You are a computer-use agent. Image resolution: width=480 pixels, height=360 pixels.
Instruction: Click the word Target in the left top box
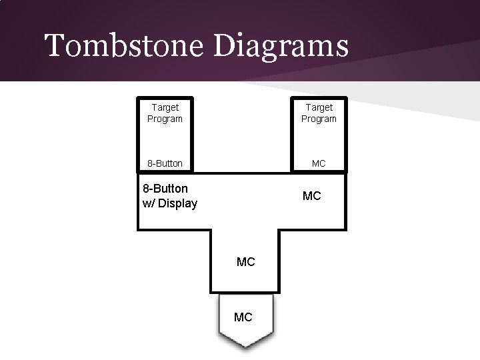[165, 107]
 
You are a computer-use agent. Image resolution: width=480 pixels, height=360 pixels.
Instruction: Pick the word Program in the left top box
[165, 119]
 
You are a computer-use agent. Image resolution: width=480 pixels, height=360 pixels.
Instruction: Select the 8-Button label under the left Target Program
[165, 163]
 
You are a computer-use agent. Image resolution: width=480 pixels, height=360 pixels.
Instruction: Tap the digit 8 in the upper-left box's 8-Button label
[150, 163]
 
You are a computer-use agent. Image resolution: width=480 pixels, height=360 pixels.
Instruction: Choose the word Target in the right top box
[319, 107]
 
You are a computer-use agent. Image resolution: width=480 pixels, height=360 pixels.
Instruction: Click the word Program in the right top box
[319, 119]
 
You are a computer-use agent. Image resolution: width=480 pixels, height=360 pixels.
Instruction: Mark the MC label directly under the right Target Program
[319, 163]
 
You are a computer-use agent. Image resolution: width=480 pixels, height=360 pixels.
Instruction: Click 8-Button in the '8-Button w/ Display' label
[165, 189]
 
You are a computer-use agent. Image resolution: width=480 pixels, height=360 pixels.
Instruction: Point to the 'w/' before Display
[150, 203]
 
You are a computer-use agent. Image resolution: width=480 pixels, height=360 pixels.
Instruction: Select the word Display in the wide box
[178, 203]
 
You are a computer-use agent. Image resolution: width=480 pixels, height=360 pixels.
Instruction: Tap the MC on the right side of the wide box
[311, 196]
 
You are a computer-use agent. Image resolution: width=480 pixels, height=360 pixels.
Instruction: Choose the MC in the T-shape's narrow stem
[245, 262]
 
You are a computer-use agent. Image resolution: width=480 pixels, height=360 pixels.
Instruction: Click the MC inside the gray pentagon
[243, 317]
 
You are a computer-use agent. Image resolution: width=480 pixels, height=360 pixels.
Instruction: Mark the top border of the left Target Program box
[165, 97]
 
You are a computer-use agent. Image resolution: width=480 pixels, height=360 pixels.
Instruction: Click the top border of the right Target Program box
[319, 97]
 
